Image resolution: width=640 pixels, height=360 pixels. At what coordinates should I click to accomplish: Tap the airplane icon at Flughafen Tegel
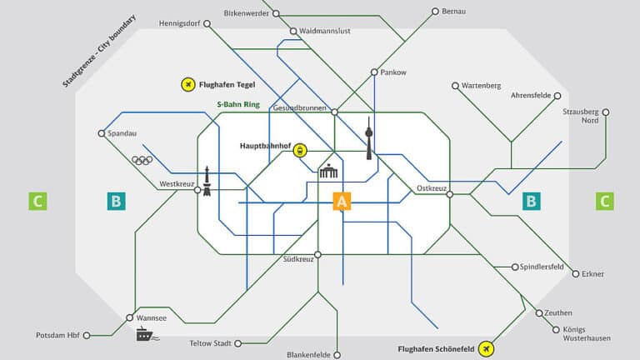188,84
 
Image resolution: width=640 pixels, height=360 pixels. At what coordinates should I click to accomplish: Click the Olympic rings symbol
142,161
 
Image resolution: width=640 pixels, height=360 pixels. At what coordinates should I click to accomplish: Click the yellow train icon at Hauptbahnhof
300,151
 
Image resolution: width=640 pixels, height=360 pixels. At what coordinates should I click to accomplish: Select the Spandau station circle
102,132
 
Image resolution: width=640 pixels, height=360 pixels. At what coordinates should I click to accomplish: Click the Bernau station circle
434,12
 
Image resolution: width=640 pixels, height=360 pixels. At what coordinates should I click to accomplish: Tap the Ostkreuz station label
433,188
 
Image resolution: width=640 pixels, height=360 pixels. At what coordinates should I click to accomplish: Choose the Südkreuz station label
298,260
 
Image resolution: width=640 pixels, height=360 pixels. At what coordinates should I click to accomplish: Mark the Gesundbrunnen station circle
333,112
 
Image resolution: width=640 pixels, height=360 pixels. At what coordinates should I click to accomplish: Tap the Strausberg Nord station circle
606,112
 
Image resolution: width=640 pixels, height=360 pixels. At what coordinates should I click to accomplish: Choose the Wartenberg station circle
455,86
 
